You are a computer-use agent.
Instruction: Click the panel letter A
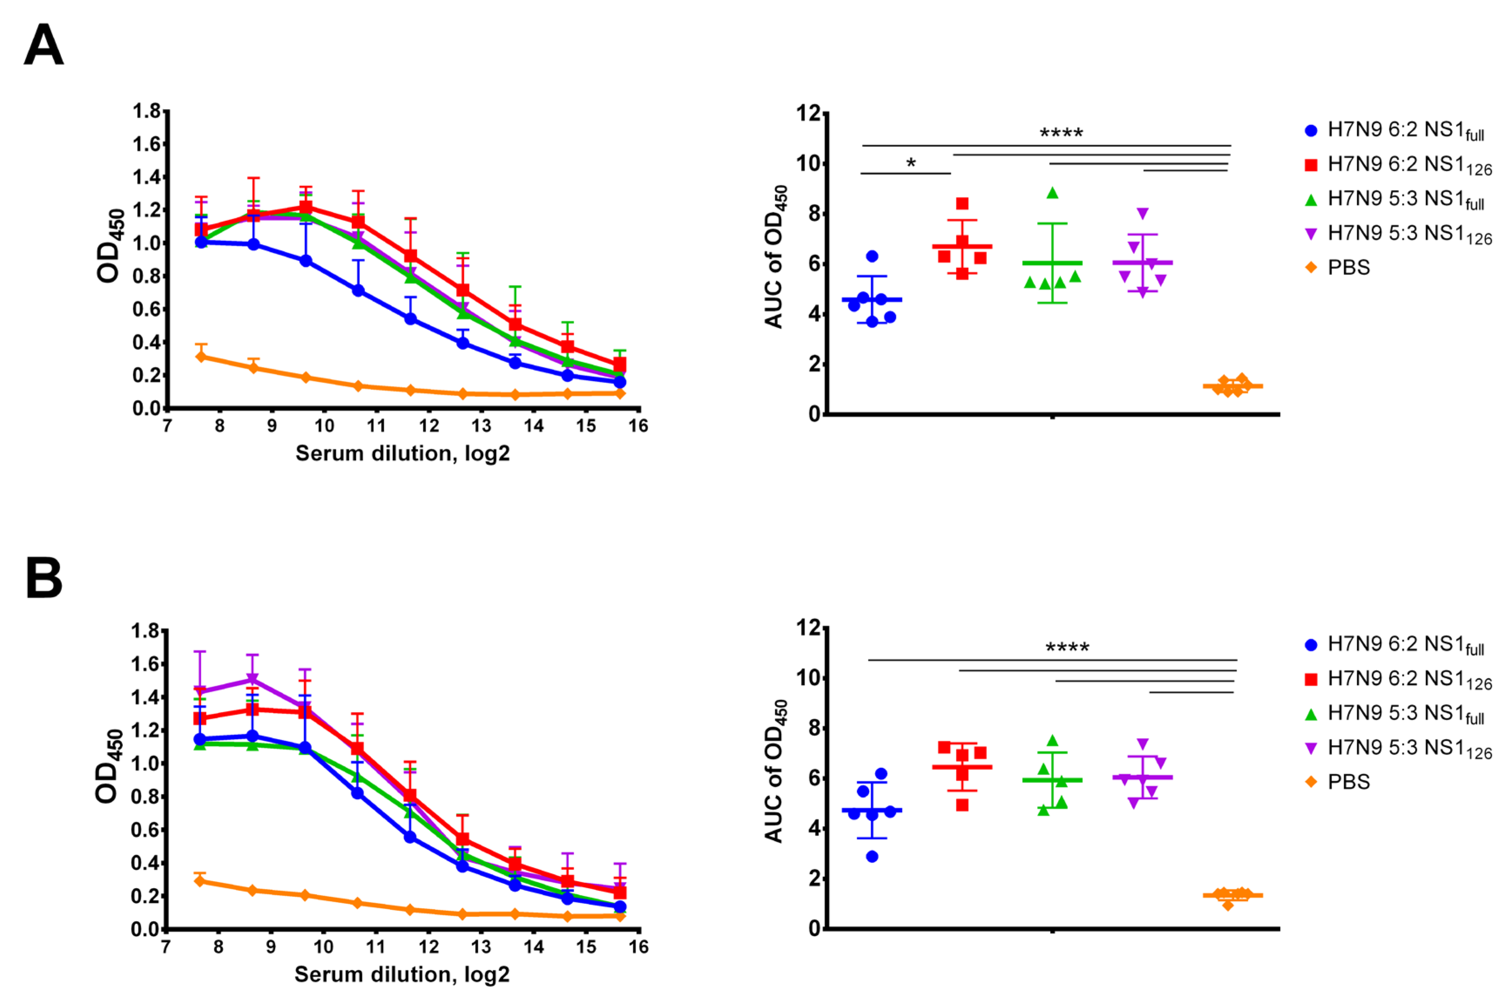pos(44,45)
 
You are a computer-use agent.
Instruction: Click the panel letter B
pos(44,577)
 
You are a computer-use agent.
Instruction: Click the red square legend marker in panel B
pos(1311,679)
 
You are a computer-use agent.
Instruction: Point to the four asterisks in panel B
pos(1067,648)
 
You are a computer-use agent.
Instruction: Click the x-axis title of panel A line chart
pos(402,453)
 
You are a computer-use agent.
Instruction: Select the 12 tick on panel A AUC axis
pos(808,113)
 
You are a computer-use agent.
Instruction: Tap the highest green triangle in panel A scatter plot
pos(1052,193)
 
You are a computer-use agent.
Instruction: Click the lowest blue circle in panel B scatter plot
pos(872,856)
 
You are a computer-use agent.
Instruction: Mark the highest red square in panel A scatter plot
pos(962,204)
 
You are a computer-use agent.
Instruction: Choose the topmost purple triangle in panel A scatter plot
pos(1143,213)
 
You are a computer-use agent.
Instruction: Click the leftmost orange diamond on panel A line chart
pos(201,356)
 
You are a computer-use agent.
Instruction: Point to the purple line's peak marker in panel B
pos(252,679)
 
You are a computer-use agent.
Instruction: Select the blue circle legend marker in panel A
pos(1311,131)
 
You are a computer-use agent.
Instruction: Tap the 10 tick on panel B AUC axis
pos(808,678)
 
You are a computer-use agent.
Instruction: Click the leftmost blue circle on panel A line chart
pos(201,242)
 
